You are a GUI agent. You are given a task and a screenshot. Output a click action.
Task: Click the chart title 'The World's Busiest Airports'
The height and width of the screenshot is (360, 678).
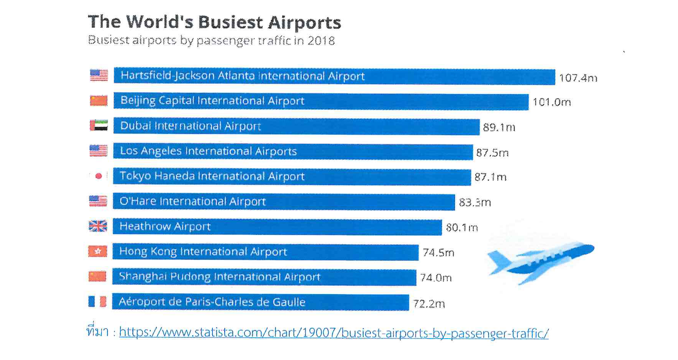(x=214, y=22)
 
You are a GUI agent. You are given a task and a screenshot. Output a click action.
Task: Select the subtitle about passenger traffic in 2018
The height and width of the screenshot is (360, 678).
(x=211, y=40)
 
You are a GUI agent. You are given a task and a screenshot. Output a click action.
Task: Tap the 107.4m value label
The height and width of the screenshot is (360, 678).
(x=578, y=78)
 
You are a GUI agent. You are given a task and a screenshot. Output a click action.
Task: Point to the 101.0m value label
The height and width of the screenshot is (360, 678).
(x=551, y=102)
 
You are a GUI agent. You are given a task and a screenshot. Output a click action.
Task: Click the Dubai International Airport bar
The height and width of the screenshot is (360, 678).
(x=296, y=126)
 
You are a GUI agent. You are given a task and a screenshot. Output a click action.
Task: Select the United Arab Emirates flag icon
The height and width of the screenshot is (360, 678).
(x=99, y=125)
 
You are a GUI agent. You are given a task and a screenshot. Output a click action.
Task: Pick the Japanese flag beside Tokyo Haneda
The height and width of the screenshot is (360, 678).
(x=98, y=176)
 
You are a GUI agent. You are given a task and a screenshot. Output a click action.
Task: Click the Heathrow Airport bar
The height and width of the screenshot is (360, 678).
(x=277, y=226)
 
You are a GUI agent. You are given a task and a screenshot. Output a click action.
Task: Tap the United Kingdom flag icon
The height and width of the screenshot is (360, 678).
(x=98, y=226)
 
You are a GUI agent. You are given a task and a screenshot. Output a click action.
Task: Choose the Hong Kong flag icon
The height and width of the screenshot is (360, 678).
(x=98, y=251)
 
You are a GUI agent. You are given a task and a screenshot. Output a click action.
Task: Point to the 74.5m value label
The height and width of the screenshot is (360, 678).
(x=438, y=252)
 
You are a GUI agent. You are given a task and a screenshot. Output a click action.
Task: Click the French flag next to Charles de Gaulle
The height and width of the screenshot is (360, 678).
(x=97, y=301)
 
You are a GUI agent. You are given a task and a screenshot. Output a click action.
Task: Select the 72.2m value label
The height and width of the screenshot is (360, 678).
(x=429, y=304)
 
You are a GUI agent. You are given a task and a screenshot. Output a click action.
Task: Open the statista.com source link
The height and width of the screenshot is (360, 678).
(x=334, y=333)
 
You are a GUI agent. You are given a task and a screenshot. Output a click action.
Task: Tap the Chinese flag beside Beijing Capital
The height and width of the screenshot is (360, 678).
(x=99, y=100)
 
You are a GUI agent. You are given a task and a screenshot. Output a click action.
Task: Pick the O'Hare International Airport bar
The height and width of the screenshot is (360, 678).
(x=284, y=202)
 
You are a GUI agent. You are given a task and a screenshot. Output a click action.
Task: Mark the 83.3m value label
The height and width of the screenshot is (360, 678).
(x=474, y=202)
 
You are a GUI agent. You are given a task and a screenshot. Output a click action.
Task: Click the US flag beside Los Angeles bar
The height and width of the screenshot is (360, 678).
(x=98, y=151)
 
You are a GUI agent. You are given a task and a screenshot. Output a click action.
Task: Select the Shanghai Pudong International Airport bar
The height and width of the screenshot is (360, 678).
(x=264, y=277)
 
